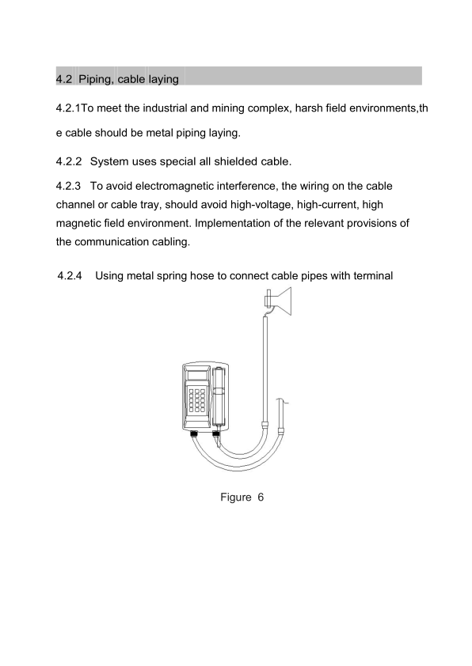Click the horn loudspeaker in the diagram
(279, 301)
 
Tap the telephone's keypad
(197, 400)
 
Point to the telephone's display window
(197, 375)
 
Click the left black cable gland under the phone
(195, 433)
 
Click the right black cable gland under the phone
(216, 433)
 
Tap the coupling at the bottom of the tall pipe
(265, 424)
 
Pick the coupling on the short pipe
(280, 431)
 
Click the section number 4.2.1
(68, 108)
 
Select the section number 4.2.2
(68, 162)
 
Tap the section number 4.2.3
(68, 186)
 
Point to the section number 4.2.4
(70, 276)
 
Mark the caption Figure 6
(242, 498)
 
